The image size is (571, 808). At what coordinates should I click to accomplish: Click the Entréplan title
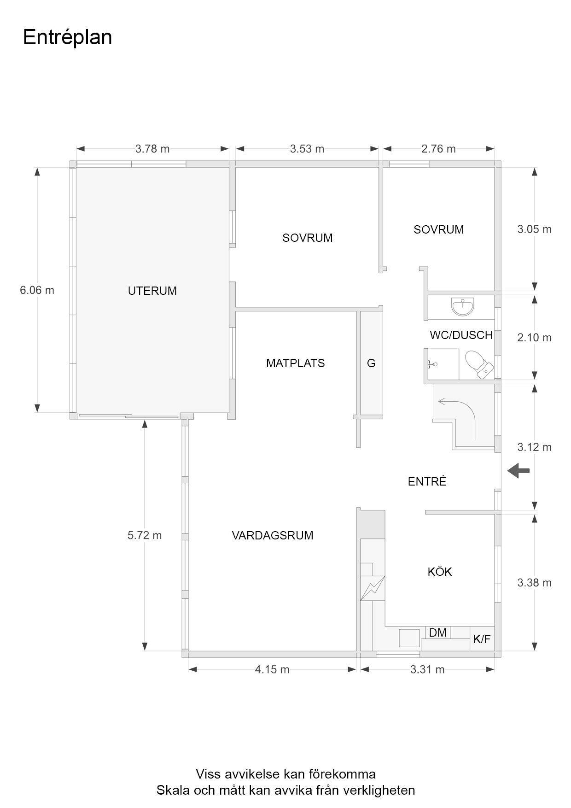(x=67, y=38)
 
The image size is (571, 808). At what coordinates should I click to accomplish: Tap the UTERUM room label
(x=152, y=291)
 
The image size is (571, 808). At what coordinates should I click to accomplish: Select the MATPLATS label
(x=296, y=363)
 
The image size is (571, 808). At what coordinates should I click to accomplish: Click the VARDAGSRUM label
(x=273, y=535)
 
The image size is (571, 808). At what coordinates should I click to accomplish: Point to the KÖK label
(x=440, y=571)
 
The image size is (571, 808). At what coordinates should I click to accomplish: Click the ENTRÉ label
(x=427, y=481)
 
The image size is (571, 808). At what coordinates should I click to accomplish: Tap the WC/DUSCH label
(x=461, y=335)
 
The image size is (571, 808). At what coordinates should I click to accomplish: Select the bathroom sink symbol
(x=463, y=306)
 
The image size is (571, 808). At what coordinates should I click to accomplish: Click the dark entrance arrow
(x=519, y=471)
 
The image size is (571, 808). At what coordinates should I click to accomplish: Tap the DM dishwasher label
(x=438, y=632)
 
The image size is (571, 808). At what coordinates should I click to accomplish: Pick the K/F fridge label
(x=482, y=639)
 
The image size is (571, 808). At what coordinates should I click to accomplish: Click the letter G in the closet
(x=371, y=363)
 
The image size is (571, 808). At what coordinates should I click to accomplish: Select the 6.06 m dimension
(x=37, y=290)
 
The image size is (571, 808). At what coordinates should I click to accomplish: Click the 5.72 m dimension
(x=145, y=535)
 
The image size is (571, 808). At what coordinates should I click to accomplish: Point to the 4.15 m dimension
(x=272, y=669)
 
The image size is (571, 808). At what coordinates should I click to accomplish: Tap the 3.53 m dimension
(x=307, y=149)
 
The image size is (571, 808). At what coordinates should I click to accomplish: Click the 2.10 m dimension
(x=534, y=337)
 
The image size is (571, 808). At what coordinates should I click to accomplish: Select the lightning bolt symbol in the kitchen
(x=372, y=588)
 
